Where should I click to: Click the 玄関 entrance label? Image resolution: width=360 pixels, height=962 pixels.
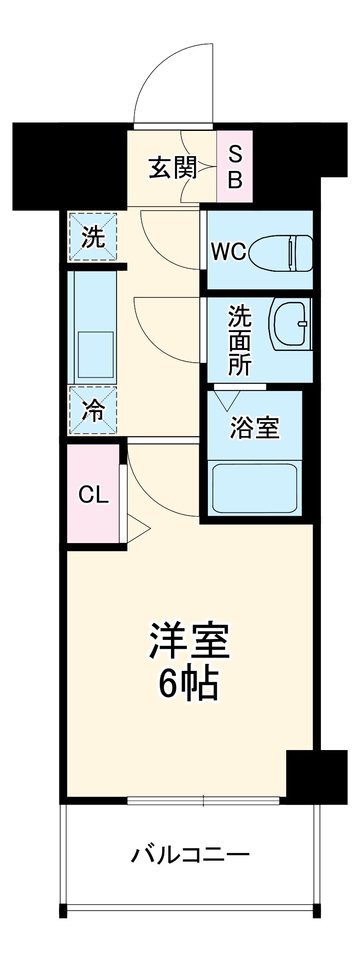173,168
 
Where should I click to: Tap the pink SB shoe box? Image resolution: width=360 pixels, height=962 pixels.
234,166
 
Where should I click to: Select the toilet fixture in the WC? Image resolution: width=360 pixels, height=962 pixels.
281,253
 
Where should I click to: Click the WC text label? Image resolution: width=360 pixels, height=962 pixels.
229,252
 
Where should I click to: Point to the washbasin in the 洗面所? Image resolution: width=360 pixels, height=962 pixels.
290,324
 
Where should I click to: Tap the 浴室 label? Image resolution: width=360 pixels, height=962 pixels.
255,427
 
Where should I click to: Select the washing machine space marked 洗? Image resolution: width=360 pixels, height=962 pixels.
93,237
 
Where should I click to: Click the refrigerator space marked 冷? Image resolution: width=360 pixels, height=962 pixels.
93,411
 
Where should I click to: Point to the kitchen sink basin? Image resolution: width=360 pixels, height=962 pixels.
96,355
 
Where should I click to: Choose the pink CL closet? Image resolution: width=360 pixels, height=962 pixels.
93,495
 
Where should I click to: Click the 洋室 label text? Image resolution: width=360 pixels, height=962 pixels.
189,641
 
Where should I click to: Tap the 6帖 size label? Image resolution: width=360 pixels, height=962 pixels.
189,684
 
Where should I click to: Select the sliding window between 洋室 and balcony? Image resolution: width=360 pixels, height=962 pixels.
203,800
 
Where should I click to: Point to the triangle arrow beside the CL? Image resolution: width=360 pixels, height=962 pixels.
138,529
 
